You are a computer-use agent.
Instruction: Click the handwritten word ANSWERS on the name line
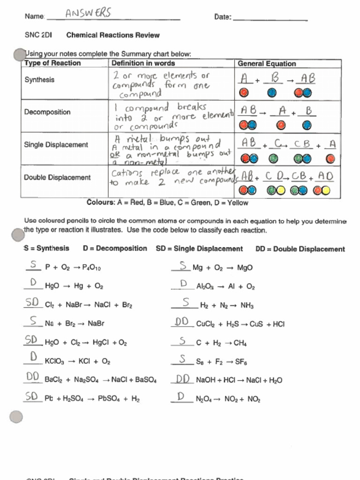[x=88, y=14]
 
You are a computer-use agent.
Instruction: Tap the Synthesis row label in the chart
[x=39, y=80]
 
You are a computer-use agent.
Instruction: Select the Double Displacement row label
[x=57, y=178]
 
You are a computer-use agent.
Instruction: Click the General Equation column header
[x=267, y=64]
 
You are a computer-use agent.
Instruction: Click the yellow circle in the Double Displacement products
[x=325, y=190]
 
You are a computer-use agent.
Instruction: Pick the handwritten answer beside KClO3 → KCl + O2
[x=33, y=358]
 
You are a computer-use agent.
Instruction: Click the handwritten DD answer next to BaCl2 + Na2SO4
[x=32, y=377]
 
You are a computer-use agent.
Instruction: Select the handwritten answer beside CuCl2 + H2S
[x=182, y=322]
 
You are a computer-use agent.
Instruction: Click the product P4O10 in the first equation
[x=91, y=268]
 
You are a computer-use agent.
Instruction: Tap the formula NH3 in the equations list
[x=247, y=306]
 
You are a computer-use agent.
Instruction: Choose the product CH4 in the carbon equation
[x=240, y=343]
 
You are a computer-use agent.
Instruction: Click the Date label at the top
[x=223, y=17]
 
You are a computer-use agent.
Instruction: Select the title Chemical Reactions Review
[x=113, y=35]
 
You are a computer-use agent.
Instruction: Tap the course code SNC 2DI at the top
[x=38, y=35]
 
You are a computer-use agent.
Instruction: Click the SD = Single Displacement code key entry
[x=199, y=249]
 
